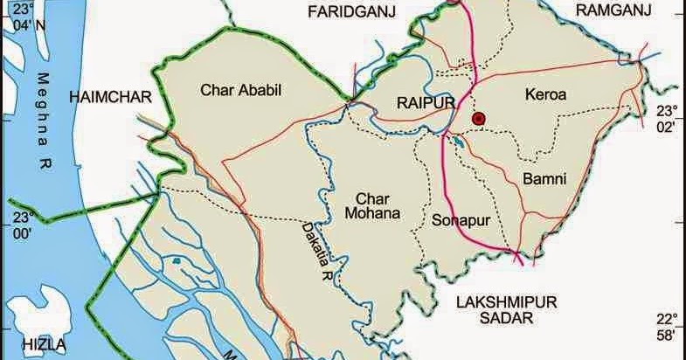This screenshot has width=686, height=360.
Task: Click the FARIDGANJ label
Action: click(x=352, y=10)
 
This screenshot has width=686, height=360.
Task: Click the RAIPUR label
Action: click(x=428, y=104)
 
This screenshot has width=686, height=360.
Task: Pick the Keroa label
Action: click(x=546, y=93)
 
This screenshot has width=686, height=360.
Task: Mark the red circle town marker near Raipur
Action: click(x=478, y=118)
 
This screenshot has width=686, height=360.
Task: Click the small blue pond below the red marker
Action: click(x=455, y=139)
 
